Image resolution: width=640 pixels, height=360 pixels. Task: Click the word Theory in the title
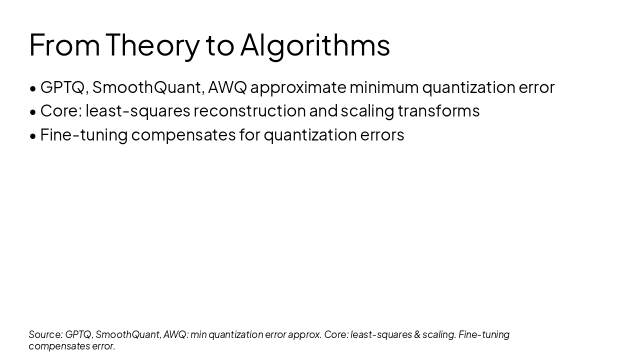pyautogui.click(x=152, y=45)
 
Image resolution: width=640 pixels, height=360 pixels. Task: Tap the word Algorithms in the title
pyautogui.click(x=314, y=45)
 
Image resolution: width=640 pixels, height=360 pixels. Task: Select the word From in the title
pyautogui.click(x=64, y=45)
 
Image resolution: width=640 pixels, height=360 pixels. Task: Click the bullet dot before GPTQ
pyautogui.click(x=33, y=88)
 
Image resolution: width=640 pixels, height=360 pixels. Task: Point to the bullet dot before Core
pyautogui.click(x=33, y=112)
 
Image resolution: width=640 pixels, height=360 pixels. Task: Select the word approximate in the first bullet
pyautogui.click(x=298, y=87)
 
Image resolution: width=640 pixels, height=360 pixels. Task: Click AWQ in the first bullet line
pyautogui.click(x=227, y=87)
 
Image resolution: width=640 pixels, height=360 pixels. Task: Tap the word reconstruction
pyautogui.click(x=249, y=111)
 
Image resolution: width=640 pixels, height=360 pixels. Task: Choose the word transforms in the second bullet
pyautogui.click(x=438, y=111)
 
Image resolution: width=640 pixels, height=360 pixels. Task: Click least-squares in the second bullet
pyautogui.click(x=137, y=111)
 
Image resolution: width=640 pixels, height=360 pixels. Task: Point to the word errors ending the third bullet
pyautogui.click(x=382, y=135)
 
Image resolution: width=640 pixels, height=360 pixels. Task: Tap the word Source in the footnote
pyautogui.click(x=45, y=334)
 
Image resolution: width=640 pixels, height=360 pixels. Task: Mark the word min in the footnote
pyautogui.click(x=198, y=334)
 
